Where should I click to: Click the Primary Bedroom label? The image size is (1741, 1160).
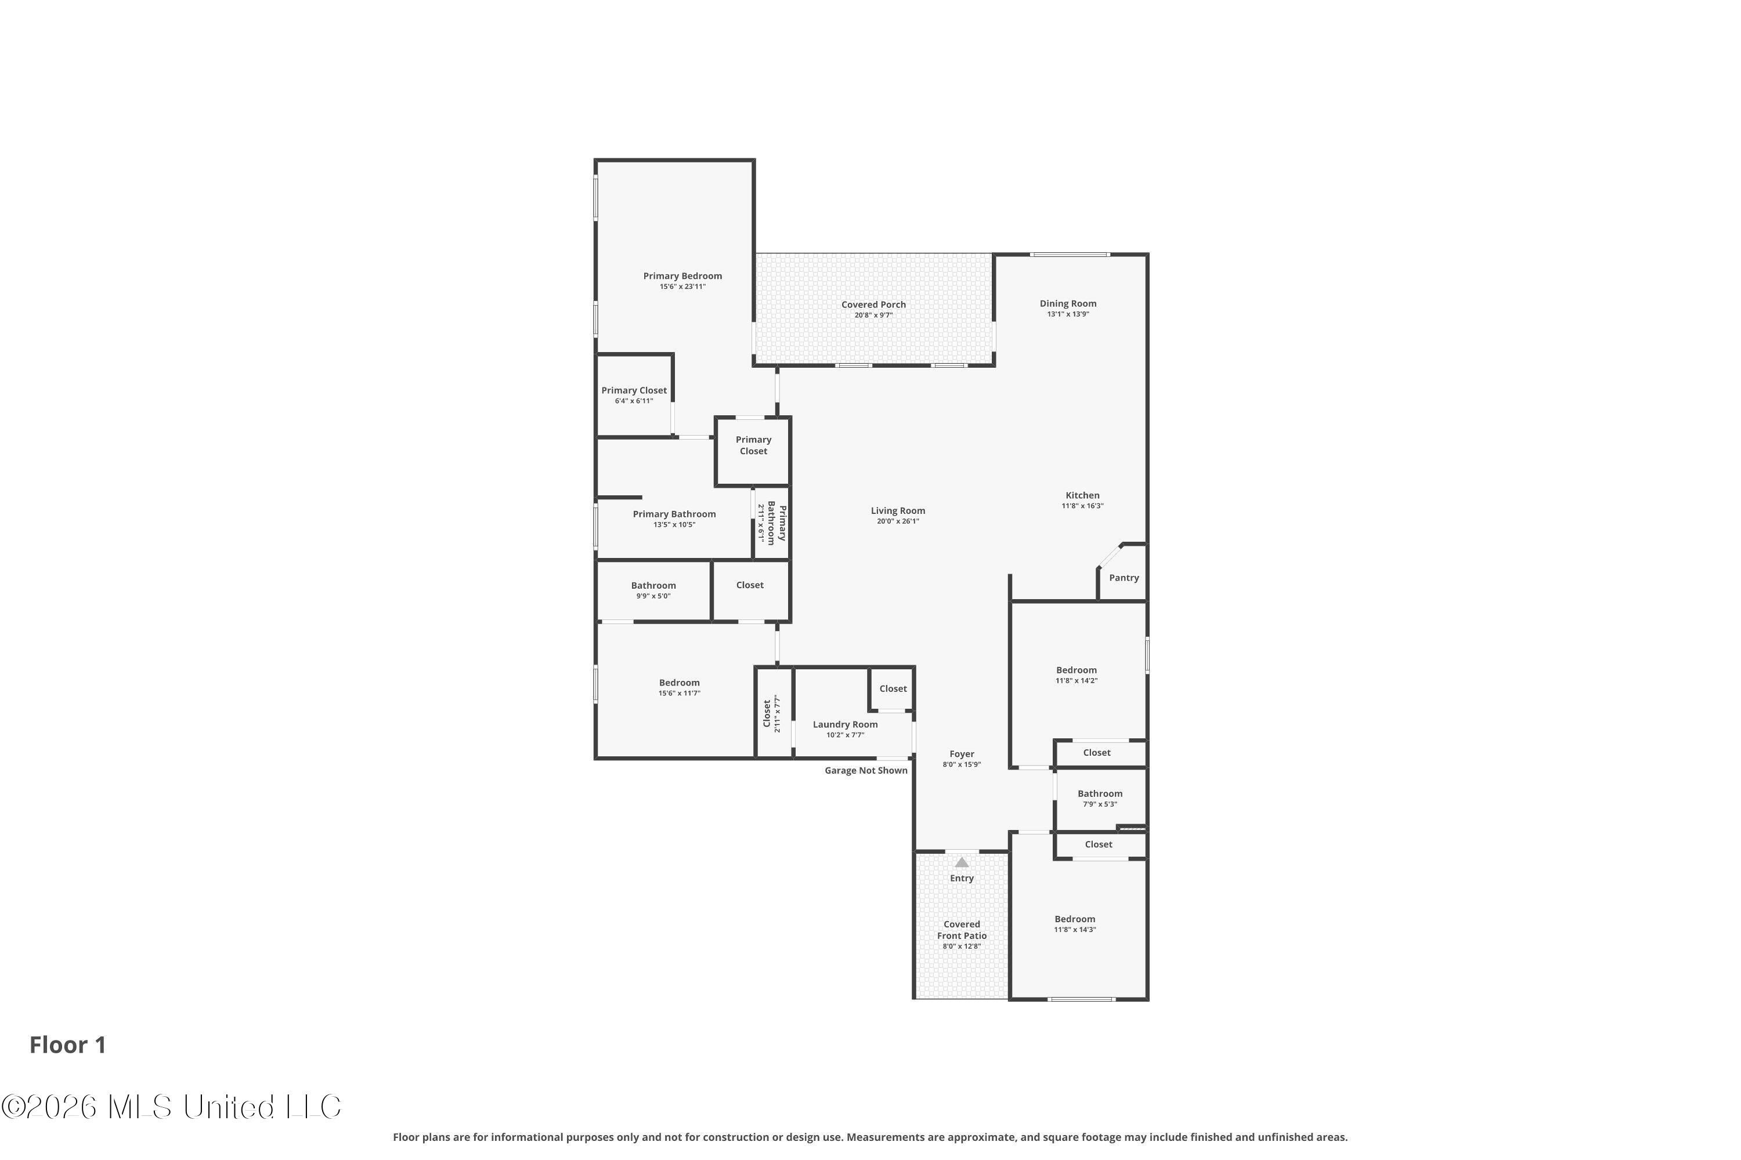click(x=682, y=276)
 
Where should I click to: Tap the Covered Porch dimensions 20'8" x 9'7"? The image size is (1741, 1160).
click(x=873, y=315)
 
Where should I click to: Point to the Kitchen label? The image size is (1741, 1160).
click(x=1082, y=496)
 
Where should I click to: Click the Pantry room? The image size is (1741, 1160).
click(x=1123, y=578)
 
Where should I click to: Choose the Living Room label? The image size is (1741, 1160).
click(x=897, y=510)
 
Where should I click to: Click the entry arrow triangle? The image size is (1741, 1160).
click(x=961, y=862)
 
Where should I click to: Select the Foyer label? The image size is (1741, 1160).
click(x=961, y=754)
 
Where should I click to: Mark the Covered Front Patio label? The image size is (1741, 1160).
click(x=961, y=930)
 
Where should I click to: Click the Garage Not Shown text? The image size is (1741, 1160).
click(x=865, y=770)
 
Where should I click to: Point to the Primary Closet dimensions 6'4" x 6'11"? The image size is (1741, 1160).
click(x=634, y=401)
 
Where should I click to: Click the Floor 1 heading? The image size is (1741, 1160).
click(x=67, y=1045)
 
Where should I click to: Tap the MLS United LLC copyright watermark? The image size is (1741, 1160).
click(x=171, y=1107)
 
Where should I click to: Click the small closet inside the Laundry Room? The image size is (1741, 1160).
click(x=892, y=689)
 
